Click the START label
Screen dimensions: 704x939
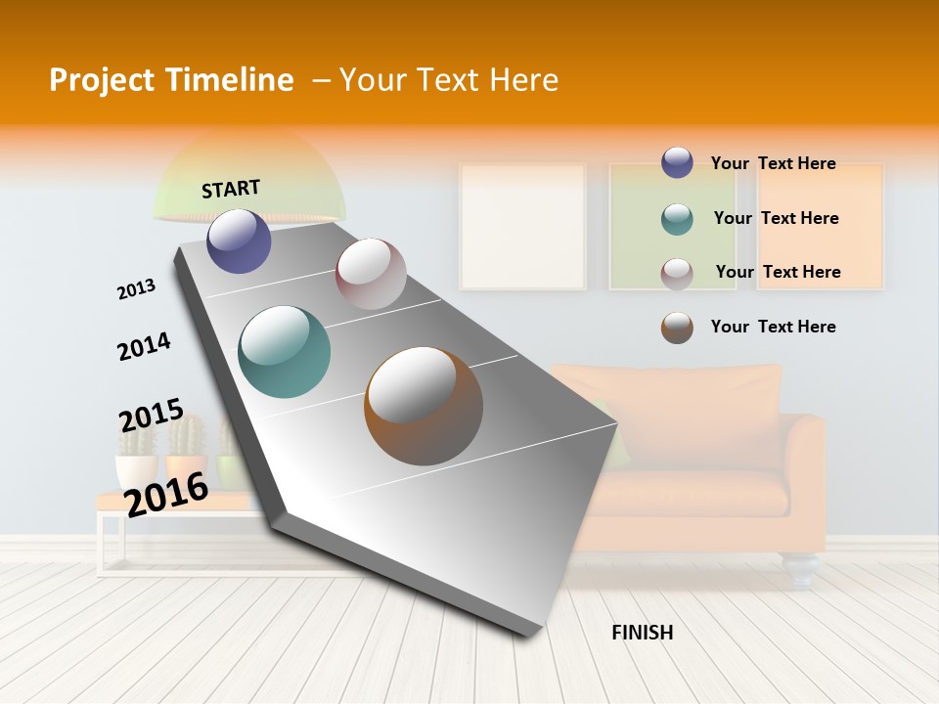231,189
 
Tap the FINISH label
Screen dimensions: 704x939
642,633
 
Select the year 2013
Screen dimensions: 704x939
136,289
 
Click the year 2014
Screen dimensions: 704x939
144,346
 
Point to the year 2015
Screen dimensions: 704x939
151,415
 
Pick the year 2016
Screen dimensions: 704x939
166,494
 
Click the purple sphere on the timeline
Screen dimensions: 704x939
239,241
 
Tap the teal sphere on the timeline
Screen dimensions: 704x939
284,352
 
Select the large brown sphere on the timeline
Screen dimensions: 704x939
424,405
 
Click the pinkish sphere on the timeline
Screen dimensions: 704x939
371,274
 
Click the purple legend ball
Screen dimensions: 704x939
677,163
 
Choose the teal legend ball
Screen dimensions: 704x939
677,219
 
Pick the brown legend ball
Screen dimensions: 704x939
677,328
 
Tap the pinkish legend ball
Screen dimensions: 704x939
677,273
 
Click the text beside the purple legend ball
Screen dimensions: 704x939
773,163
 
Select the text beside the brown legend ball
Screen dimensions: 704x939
773,327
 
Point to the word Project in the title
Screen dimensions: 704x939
101,80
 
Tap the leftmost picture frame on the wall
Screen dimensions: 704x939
522,226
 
